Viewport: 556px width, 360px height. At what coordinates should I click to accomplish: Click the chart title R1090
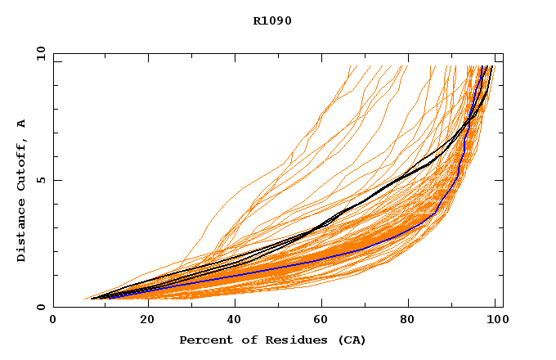coord(272,20)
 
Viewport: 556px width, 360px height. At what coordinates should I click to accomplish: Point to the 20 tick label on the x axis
coord(142,321)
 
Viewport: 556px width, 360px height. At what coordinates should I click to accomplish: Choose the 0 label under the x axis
coord(54,321)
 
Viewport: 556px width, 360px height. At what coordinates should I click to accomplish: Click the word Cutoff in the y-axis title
coord(22,169)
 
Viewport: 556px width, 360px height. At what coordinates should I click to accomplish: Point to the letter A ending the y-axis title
coord(22,124)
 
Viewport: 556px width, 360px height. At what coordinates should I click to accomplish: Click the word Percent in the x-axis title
coord(204,340)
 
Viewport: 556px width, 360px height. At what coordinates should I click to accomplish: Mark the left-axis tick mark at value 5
coord(56,180)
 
